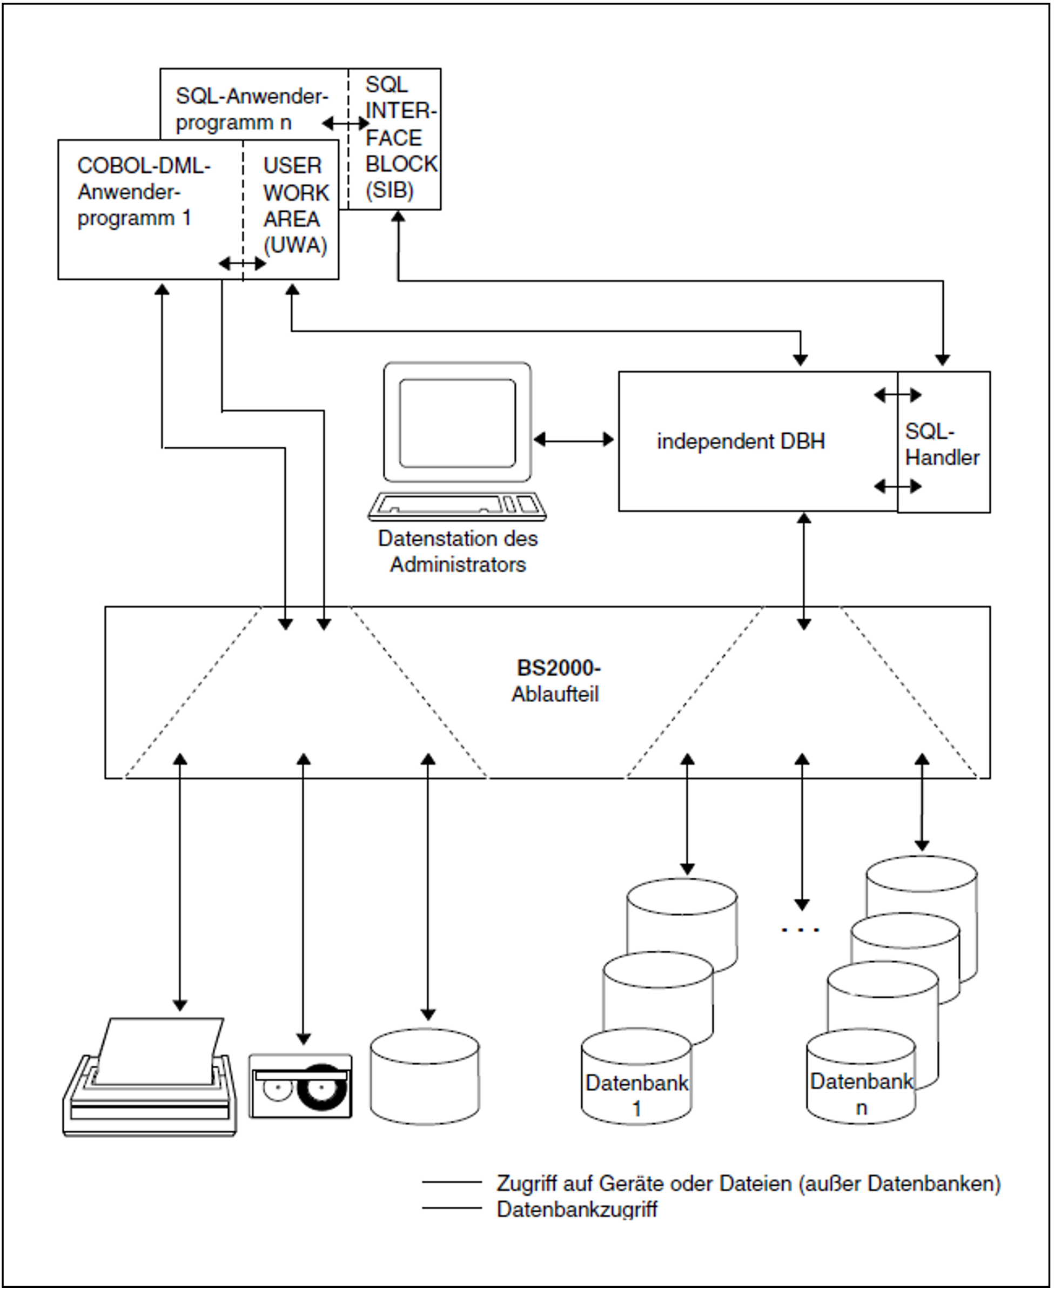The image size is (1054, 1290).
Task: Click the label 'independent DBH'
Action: [x=740, y=441]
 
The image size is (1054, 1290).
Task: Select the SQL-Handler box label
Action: [x=942, y=445]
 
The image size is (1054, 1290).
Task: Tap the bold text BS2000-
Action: [x=558, y=668]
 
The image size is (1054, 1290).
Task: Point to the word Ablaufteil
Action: [x=555, y=694]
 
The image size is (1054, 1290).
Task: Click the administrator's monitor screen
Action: [x=457, y=423]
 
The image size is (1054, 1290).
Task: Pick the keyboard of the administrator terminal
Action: [x=457, y=506]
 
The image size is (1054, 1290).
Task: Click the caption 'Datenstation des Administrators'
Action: [x=458, y=551]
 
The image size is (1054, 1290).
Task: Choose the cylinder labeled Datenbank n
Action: [x=861, y=1079]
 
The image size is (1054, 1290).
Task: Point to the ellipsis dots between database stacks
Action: [x=800, y=929]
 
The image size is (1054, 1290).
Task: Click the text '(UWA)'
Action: [x=295, y=245]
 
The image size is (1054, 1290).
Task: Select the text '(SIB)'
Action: [x=389, y=190]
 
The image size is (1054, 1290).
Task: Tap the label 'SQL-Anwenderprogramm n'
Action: [x=251, y=109]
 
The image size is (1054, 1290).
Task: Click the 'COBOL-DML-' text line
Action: [x=144, y=166]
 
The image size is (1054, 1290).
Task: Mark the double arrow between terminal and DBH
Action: [x=573, y=440]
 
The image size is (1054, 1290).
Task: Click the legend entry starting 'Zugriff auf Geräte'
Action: [x=748, y=1183]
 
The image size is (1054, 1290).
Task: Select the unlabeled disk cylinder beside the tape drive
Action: [x=425, y=1078]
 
